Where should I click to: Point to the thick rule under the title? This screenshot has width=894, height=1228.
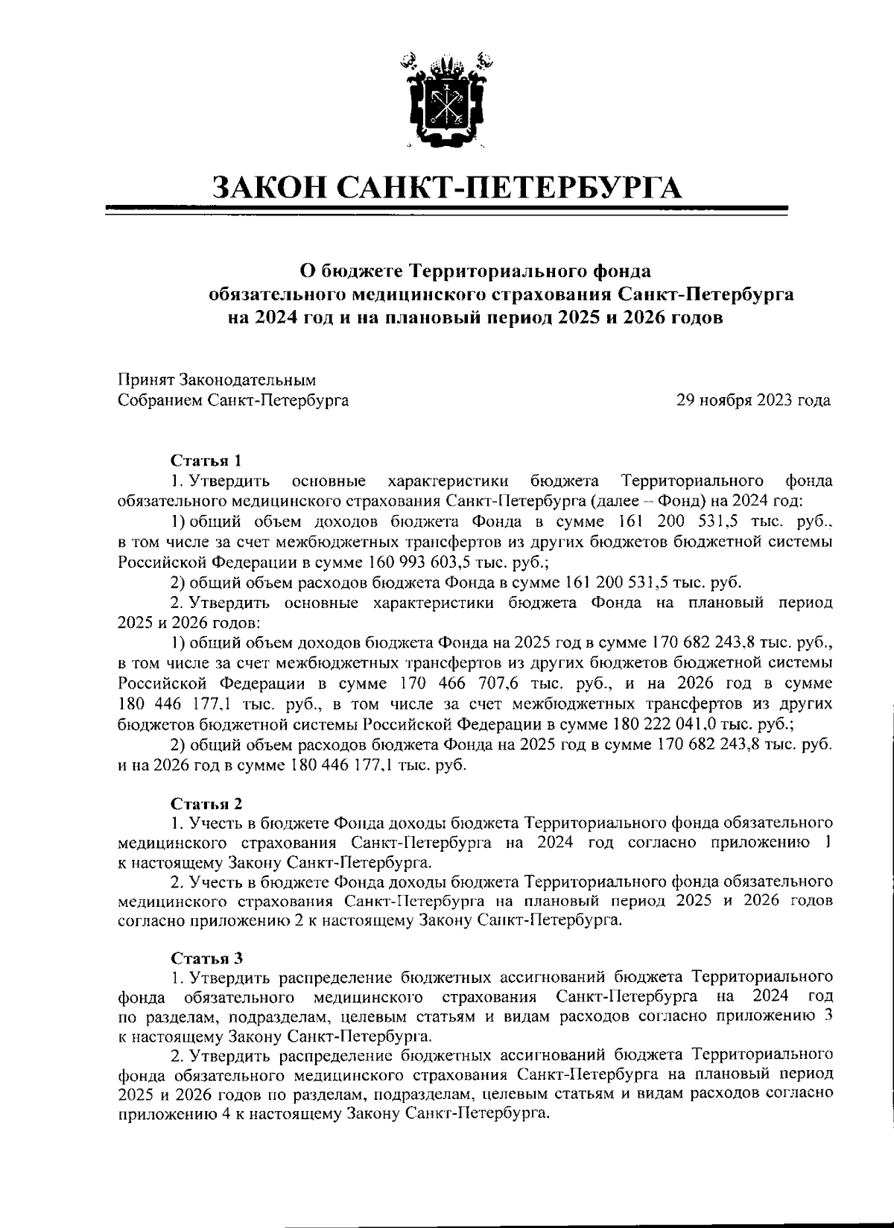coord(447,208)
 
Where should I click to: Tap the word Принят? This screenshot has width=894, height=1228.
coord(145,381)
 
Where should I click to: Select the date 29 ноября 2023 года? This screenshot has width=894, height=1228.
coord(753,401)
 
